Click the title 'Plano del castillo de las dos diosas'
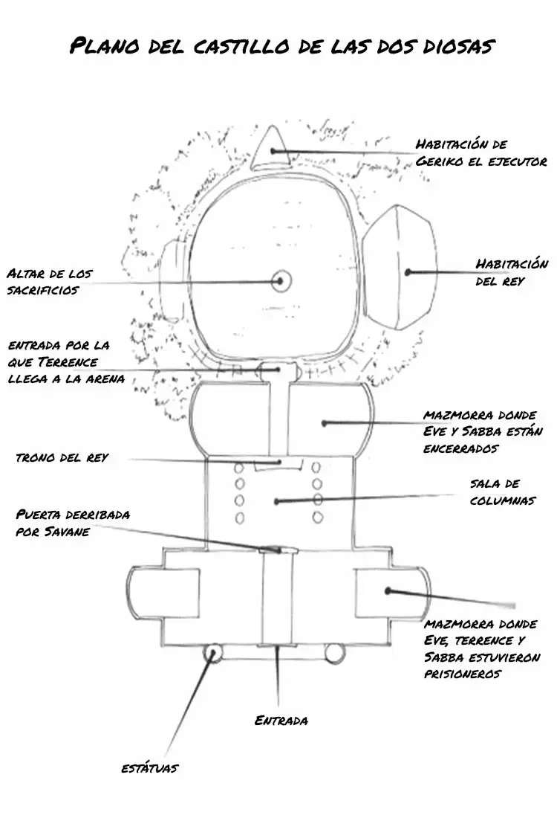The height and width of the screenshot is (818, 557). point(282,46)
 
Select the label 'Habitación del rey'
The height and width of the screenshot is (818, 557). point(511,271)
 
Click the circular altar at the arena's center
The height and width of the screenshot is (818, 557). point(280,281)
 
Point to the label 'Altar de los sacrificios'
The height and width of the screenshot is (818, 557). point(50,282)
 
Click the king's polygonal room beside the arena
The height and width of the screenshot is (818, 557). point(399,268)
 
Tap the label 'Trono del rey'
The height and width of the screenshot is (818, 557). point(62,457)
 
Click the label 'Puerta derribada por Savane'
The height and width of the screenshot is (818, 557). point(73,523)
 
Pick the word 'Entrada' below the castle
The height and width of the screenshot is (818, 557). point(281,721)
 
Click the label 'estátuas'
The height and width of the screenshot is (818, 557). point(149,768)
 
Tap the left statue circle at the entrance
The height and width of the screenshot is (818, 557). point(212,653)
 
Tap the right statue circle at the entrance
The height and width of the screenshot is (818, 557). point(334,653)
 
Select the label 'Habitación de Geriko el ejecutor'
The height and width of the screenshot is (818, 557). point(481,152)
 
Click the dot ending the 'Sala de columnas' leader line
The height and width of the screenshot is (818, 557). point(277,501)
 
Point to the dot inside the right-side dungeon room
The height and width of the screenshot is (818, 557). point(388,591)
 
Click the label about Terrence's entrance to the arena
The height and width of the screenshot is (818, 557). point(66,361)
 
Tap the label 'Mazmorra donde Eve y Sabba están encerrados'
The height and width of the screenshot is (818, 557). point(483,431)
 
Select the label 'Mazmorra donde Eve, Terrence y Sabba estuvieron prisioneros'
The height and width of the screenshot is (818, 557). point(482,648)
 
